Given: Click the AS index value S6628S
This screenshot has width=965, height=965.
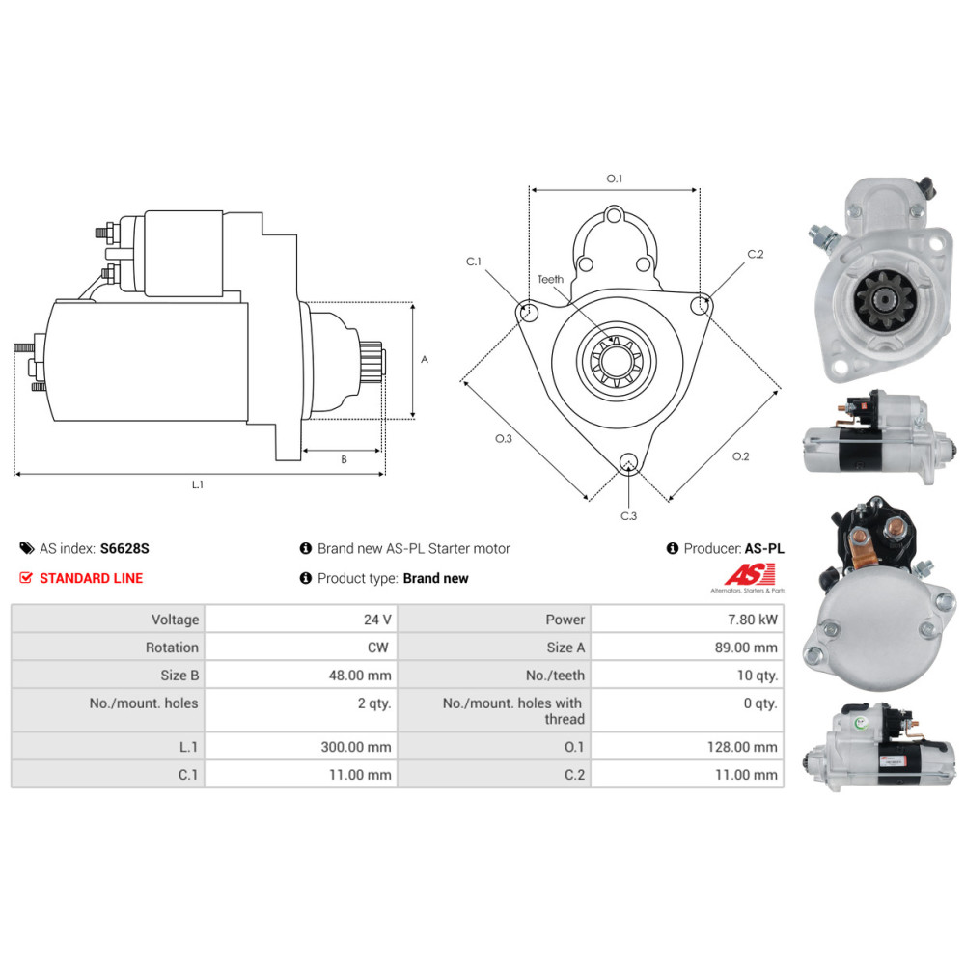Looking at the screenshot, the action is click(x=124, y=548).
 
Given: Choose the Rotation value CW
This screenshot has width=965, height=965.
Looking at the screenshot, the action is click(x=378, y=648).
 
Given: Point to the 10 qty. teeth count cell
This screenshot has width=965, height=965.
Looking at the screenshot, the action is click(x=758, y=675).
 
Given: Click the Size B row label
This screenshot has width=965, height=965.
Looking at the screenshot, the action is click(x=179, y=675).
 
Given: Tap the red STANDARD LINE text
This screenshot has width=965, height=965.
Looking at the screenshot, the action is click(x=91, y=578).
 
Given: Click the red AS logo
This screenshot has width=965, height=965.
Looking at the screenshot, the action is click(x=750, y=574).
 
